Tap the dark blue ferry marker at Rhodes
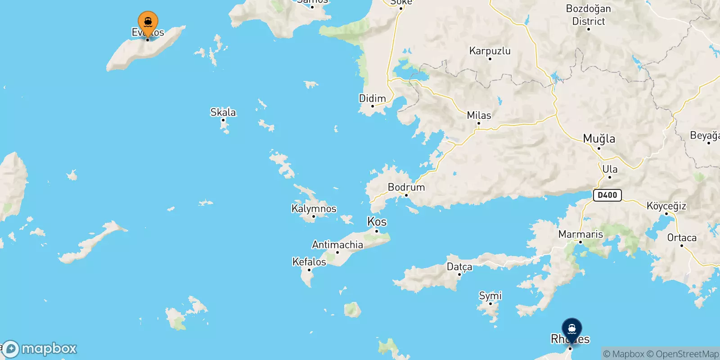point(571,329)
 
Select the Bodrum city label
point(406,187)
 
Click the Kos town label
point(377,222)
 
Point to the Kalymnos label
point(314,209)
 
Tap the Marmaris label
point(580,234)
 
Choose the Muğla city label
point(598,139)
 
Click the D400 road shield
point(607,195)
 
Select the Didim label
point(372,99)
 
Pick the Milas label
point(479,115)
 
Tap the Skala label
point(223,112)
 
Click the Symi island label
point(490,296)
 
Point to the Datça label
point(459,267)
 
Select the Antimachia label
point(337,245)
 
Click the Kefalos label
point(309,262)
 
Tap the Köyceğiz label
point(666,206)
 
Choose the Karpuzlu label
point(490,51)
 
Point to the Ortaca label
point(682,238)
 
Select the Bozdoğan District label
point(588,15)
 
